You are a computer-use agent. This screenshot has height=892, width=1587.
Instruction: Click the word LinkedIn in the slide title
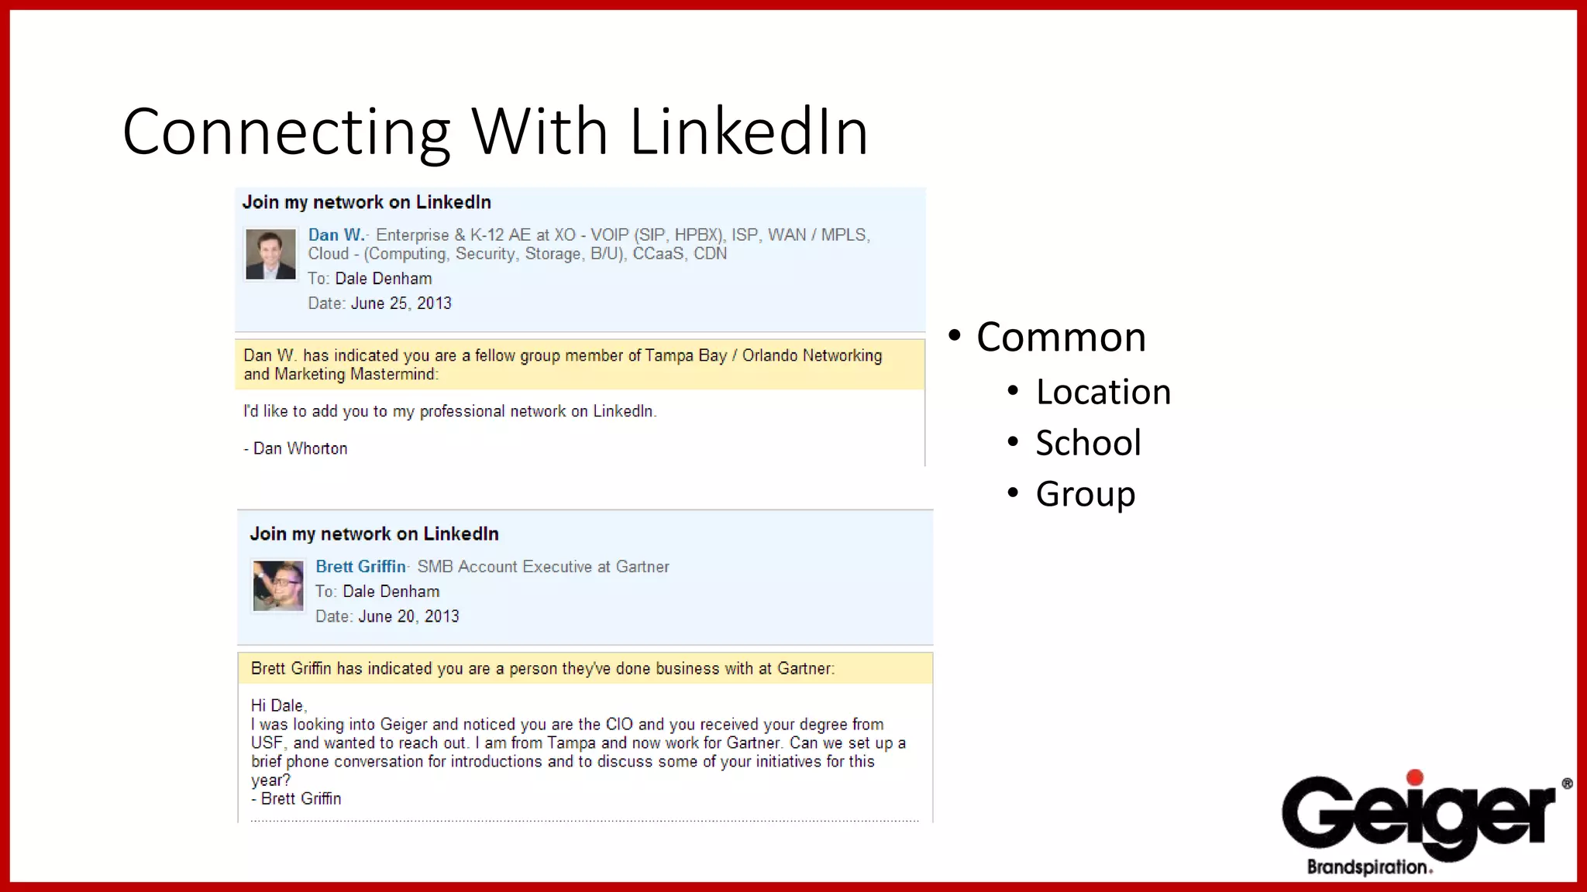[749, 132]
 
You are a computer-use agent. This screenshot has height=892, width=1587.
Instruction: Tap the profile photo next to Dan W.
[270, 254]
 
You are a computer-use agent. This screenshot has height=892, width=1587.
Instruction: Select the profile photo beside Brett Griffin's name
[278, 585]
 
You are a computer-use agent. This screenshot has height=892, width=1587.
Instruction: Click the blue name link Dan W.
[336, 235]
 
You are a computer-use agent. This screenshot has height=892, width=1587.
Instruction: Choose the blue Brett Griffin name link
[360, 566]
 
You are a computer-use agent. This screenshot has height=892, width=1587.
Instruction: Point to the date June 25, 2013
[401, 304]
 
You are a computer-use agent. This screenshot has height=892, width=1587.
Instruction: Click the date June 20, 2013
[408, 616]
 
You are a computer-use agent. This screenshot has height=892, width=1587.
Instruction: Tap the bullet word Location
[1103, 392]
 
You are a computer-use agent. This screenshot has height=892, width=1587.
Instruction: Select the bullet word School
[1088, 443]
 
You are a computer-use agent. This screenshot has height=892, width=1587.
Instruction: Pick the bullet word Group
[1085, 494]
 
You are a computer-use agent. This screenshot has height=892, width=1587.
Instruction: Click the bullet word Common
[1061, 338]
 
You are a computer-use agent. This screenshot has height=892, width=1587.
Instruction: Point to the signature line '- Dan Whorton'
[296, 448]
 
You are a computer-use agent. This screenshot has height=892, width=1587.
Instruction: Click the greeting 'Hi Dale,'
[279, 705]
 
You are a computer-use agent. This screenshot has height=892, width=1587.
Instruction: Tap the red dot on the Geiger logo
[1415, 777]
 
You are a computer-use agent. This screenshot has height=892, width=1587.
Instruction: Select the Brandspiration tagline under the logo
[1368, 867]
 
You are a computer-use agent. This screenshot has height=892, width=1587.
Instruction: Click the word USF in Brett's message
[267, 743]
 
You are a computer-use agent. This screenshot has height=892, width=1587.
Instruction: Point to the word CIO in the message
[619, 724]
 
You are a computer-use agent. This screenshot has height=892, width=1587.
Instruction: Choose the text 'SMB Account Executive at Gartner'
[542, 567]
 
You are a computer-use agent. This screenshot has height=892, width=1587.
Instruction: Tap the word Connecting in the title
[286, 132]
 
